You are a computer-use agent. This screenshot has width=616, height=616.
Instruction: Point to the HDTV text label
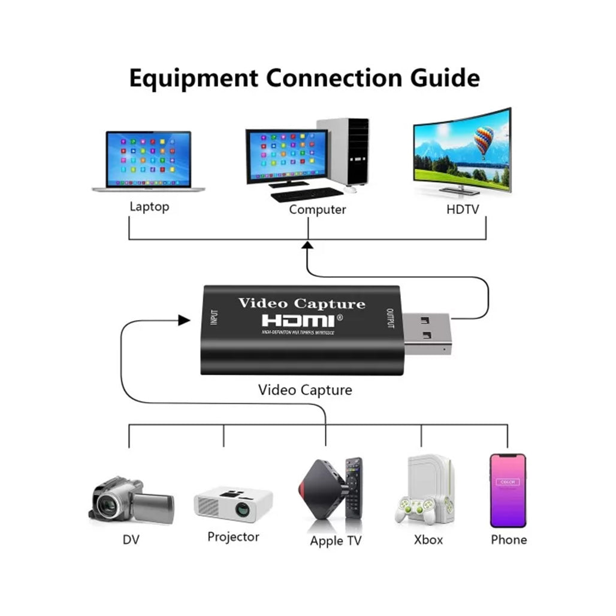(x=463, y=209)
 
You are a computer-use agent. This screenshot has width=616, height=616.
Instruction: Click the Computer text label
(x=317, y=210)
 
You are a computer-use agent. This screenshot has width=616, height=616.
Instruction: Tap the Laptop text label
(x=149, y=207)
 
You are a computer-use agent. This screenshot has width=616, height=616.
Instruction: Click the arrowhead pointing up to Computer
(x=307, y=244)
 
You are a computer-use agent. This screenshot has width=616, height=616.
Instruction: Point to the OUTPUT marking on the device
(x=390, y=319)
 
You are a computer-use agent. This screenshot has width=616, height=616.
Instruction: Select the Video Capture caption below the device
(x=305, y=390)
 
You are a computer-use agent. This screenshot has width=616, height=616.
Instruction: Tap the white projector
(x=233, y=504)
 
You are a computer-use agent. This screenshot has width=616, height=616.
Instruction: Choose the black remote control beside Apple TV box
(x=354, y=487)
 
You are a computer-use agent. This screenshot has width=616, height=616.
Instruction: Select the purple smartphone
(x=508, y=490)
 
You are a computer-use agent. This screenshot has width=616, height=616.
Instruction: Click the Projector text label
(x=233, y=536)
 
